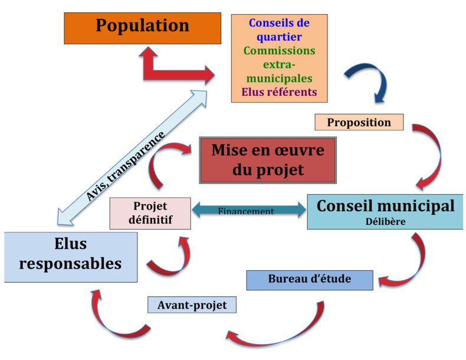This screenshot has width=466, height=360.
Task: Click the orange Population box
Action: [142, 28]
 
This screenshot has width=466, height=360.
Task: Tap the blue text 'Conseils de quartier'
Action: [279, 30]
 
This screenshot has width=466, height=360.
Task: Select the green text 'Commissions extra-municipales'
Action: [279, 64]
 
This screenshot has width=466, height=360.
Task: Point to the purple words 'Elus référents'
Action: [279, 92]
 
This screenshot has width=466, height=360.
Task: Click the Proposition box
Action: [359, 122]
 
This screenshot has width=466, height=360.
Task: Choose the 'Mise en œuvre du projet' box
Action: [268, 160]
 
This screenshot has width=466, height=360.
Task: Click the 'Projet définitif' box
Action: [150, 213]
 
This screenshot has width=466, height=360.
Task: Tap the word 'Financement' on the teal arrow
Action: [246, 211]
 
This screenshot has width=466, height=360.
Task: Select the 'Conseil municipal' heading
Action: [385, 206]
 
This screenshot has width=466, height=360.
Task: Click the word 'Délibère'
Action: [385, 221]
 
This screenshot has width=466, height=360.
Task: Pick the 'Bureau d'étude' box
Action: [310, 280]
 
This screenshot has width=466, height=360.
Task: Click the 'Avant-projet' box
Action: [192, 305]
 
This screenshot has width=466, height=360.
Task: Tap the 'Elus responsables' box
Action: [70, 257]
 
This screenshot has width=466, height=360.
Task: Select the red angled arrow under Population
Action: [171, 70]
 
